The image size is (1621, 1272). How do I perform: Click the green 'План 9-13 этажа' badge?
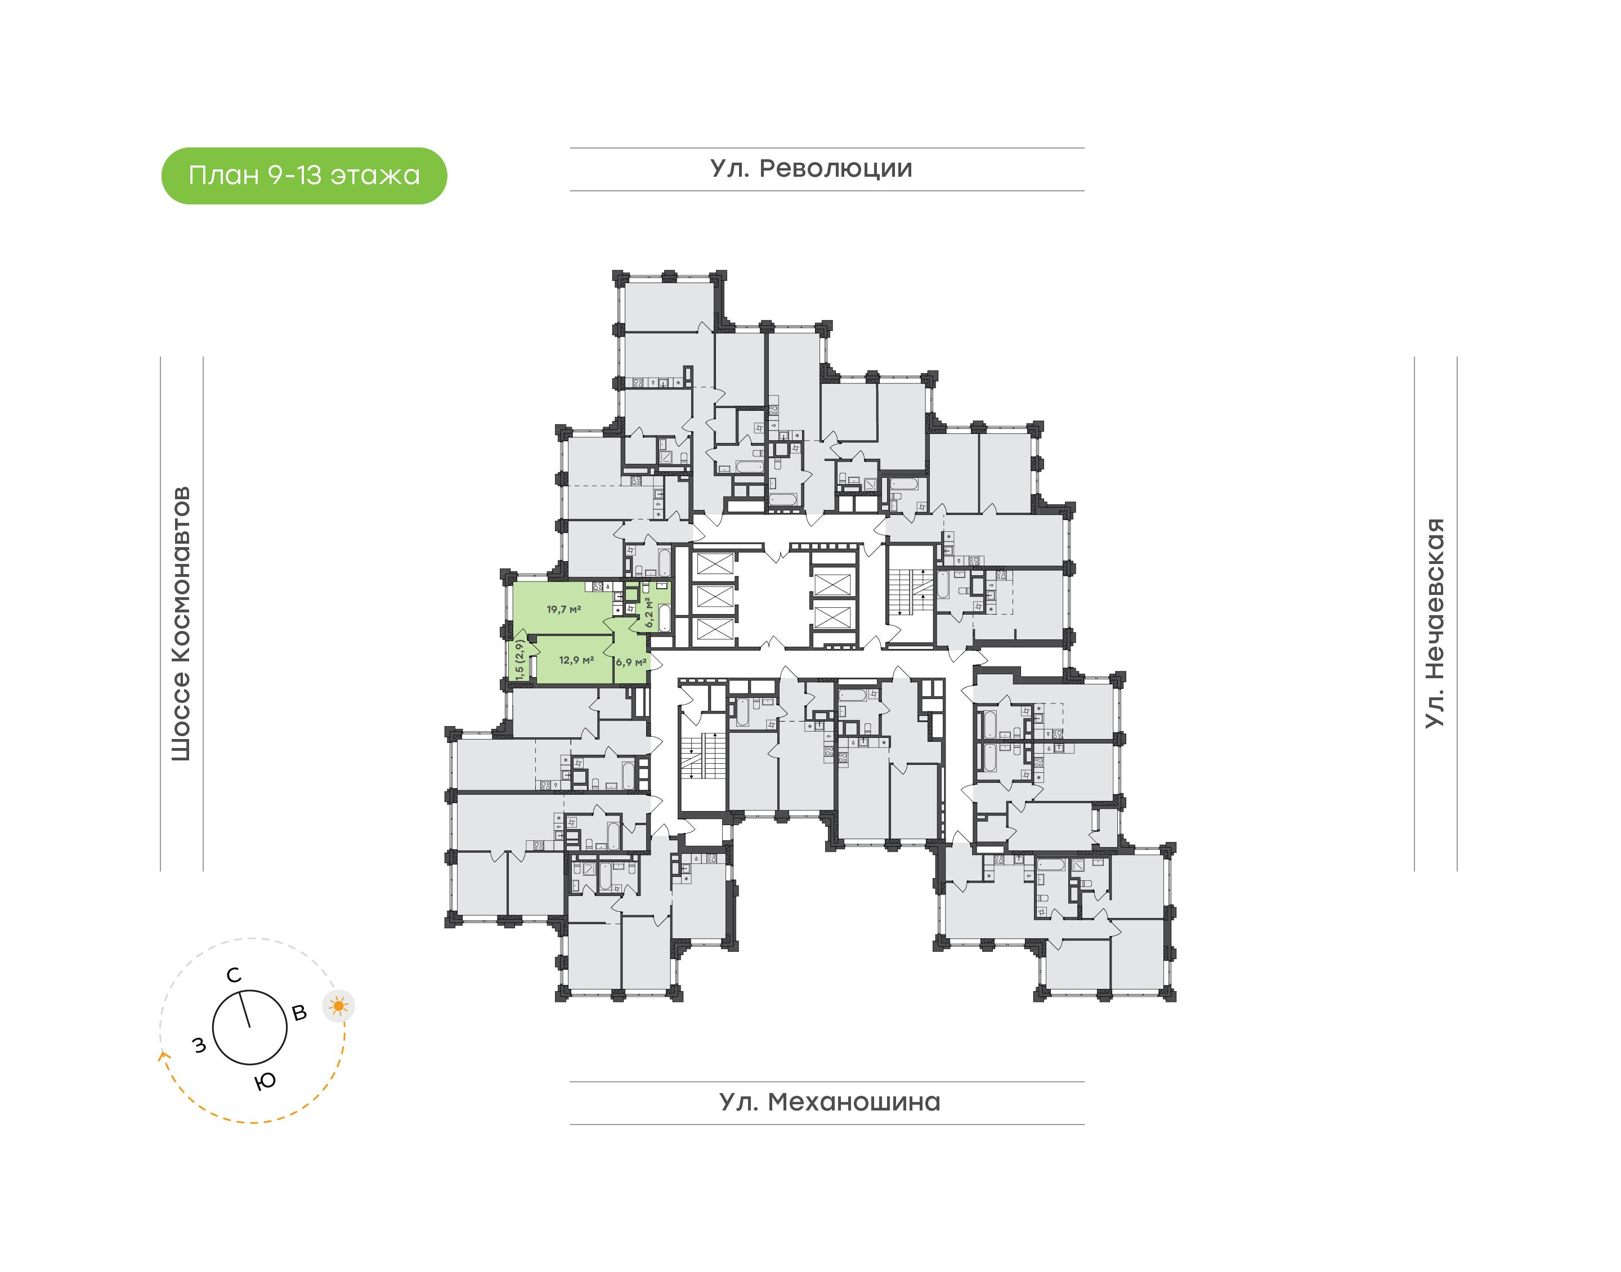(304, 176)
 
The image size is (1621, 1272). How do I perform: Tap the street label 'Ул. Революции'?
(811, 169)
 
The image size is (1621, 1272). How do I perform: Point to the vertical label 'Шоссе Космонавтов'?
(181, 624)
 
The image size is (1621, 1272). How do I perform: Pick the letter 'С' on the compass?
(234, 975)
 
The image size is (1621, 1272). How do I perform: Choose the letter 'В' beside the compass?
(299, 1013)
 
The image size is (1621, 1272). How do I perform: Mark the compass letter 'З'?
(199, 1046)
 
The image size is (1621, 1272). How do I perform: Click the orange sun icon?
(339, 1007)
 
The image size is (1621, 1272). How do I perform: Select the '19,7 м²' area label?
(563, 609)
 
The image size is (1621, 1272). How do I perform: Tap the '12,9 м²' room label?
(576, 660)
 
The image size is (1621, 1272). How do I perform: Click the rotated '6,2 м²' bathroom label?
(650, 612)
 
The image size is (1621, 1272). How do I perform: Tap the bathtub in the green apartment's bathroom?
(664, 617)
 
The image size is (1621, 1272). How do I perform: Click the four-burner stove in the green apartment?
(598, 587)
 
